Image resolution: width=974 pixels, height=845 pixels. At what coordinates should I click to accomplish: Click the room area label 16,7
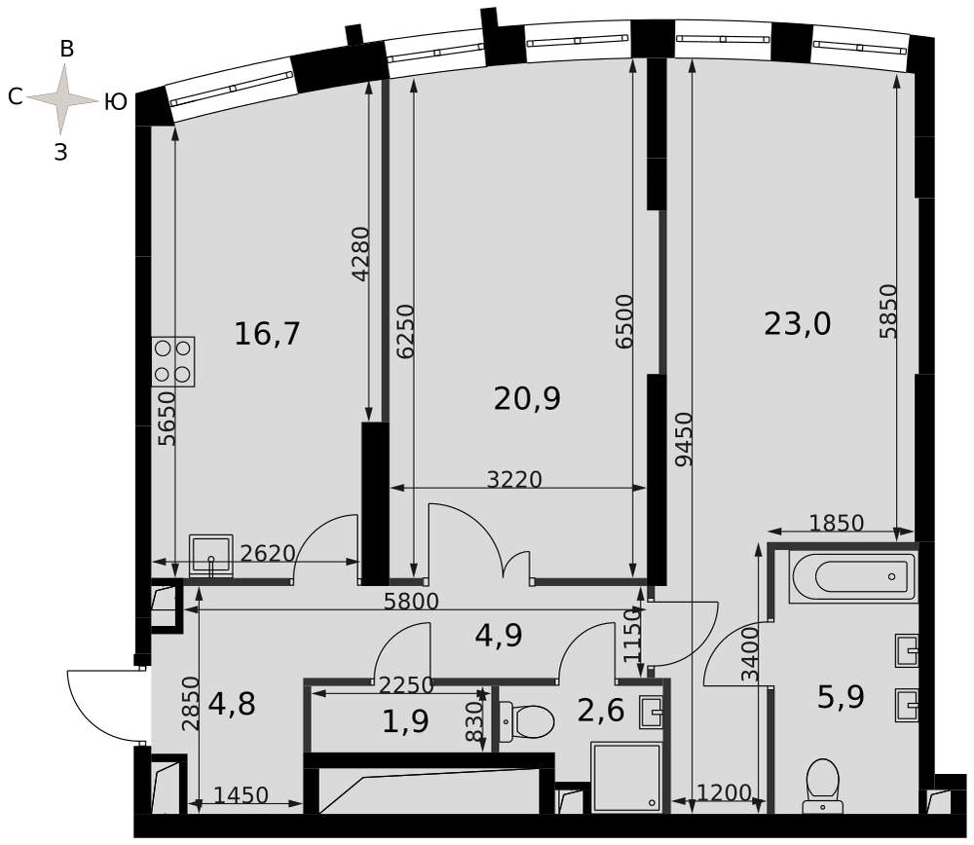click(267, 334)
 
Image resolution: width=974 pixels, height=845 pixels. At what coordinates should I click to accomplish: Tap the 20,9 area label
click(527, 398)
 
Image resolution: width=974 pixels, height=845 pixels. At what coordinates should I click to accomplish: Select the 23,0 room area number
click(797, 324)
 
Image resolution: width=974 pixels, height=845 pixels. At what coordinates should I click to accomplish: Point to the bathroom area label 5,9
click(841, 697)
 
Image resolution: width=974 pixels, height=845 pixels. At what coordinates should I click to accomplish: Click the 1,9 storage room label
click(405, 721)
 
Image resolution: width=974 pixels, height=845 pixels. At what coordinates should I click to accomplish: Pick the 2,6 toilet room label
click(601, 710)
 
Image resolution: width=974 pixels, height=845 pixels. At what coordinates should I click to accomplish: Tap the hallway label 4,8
click(232, 705)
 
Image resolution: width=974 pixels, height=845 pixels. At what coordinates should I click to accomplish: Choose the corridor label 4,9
click(499, 636)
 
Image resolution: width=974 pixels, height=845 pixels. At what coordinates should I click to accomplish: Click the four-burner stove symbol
click(173, 362)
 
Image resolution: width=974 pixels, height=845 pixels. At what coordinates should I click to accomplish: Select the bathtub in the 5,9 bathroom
click(853, 577)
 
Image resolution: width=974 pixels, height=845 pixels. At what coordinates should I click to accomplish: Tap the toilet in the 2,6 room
click(526, 722)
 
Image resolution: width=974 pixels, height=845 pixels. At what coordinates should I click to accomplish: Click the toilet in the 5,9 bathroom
click(822, 786)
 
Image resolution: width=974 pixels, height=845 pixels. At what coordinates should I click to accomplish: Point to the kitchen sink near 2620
click(210, 556)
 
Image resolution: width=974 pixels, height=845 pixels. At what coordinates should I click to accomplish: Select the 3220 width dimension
click(514, 479)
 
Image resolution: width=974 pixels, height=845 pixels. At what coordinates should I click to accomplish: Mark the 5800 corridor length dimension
click(411, 601)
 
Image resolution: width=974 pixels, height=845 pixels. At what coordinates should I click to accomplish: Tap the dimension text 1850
click(836, 523)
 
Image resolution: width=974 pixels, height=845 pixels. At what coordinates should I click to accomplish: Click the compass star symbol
click(61, 98)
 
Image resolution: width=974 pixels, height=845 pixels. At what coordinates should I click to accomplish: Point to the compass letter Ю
click(116, 100)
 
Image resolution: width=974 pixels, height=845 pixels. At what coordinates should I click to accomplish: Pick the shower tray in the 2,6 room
click(626, 777)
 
